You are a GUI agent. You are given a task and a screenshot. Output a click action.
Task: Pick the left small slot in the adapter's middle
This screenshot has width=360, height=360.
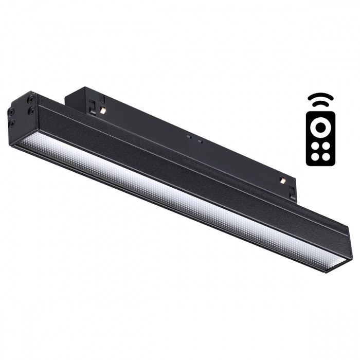[x=189, y=137]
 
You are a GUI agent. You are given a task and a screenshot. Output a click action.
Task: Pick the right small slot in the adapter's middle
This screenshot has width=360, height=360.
[x=200, y=140]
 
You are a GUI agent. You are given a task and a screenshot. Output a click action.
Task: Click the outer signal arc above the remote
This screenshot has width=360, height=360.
[x=320, y=96]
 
